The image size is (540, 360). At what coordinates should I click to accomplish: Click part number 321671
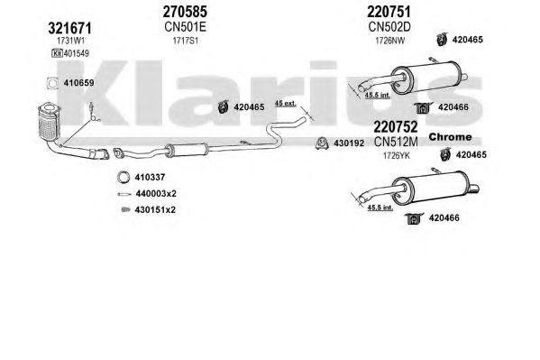click(69, 28)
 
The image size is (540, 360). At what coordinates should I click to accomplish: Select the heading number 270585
click(185, 12)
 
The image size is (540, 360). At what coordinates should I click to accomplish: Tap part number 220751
click(389, 12)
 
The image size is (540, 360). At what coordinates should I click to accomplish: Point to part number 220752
click(396, 126)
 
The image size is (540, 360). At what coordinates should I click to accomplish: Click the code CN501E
click(185, 26)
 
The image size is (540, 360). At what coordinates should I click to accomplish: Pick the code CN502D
click(389, 26)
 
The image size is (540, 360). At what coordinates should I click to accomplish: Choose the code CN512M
click(396, 142)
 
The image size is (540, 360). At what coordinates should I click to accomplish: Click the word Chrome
click(450, 136)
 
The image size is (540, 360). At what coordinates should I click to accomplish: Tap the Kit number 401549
click(76, 53)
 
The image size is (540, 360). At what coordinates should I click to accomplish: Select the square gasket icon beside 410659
click(52, 83)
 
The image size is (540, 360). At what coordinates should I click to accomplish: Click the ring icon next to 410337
click(123, 177)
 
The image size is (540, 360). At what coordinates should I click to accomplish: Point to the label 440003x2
click(156, 193)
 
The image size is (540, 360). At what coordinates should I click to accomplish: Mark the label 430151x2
click(155, 209)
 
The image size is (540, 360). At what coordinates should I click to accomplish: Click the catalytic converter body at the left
click(49, 123)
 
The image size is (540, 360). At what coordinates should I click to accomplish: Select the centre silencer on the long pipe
click(187, 151)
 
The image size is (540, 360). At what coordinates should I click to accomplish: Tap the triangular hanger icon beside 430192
click(321, 143)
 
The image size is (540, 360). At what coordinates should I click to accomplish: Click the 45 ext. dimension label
click(285, 103)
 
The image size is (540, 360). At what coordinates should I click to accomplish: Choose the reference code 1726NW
click(389, 41)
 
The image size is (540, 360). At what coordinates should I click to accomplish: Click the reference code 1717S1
click(186, 41)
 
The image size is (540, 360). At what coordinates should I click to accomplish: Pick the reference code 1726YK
click(397, 155)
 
